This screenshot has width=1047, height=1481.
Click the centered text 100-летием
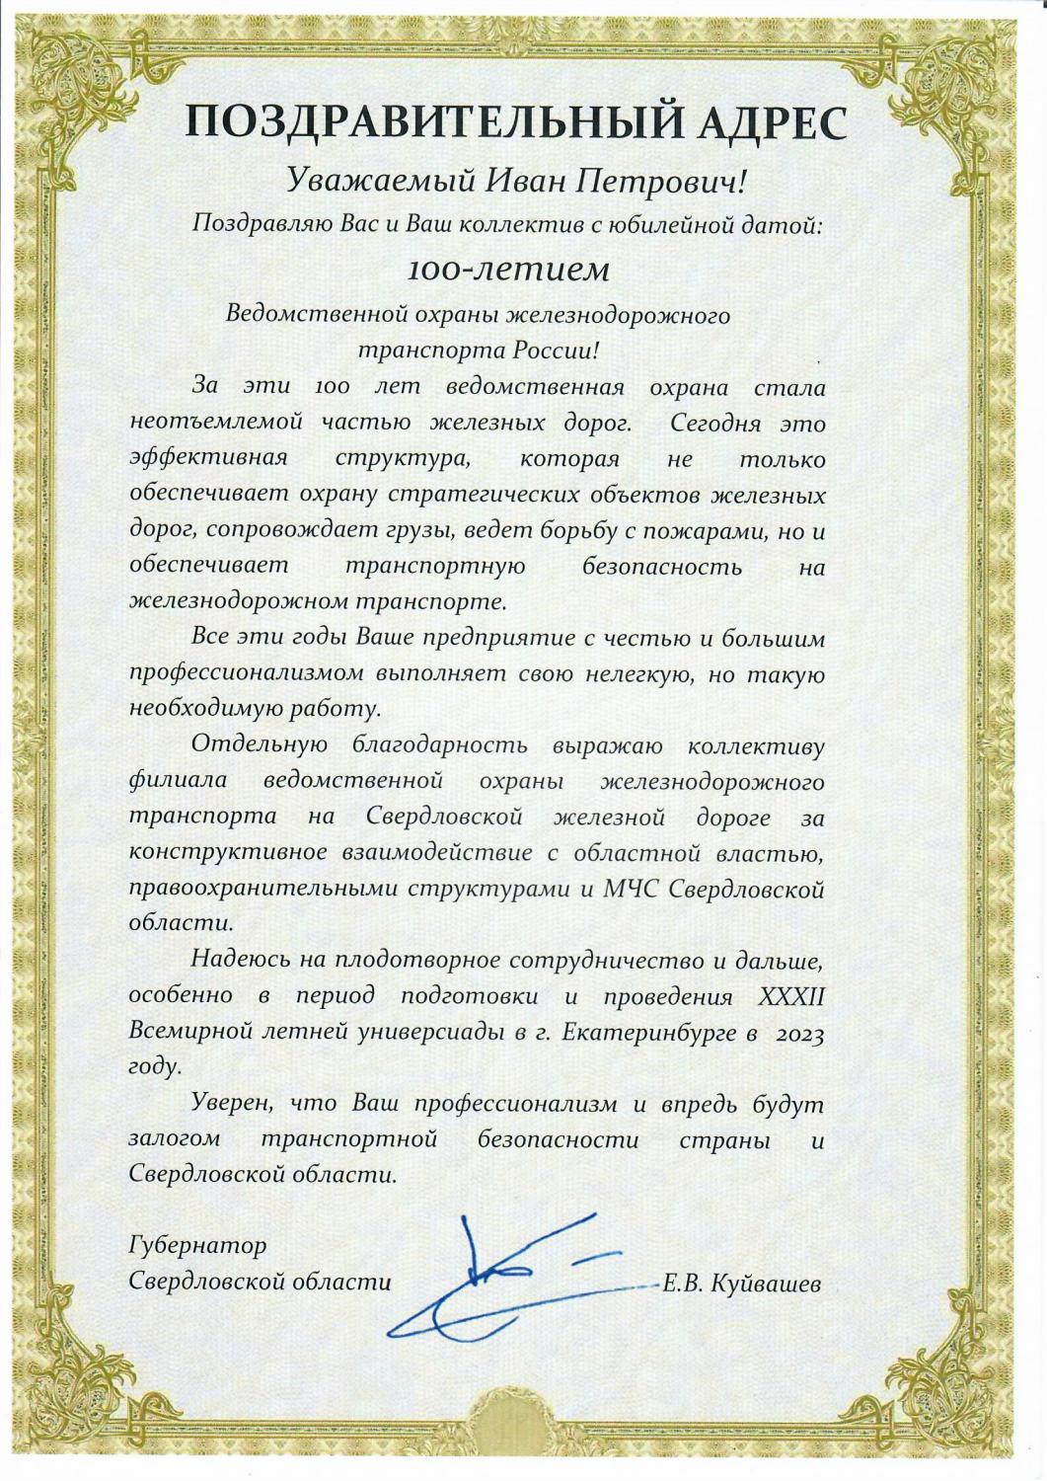tap(522, 269)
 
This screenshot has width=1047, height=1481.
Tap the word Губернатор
tap(197, 1244)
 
